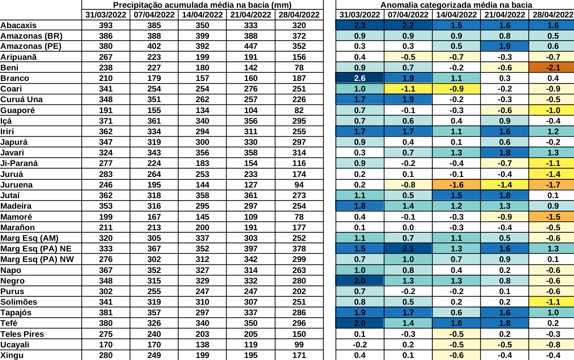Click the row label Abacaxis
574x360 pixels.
click(x=19, y=25)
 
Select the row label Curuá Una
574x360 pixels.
click(x=22, y=100)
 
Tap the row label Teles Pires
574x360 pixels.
click(x=22, y=334)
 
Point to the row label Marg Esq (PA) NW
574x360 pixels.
click(x=37, y=260)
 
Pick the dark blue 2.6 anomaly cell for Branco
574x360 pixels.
click(x=360, y=78)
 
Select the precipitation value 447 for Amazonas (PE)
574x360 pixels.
click(x=251, y=46)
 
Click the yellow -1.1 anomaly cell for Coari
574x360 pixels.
click(x=408, y=89)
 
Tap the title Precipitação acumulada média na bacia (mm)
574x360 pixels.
click(x=202, y=5)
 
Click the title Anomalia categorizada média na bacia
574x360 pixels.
click(x=456, y=5)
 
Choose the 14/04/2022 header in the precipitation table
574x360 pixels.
click(x=202, y=15)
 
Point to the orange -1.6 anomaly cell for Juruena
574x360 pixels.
click(x=456, y=185)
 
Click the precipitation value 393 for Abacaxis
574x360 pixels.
click(x=106, y=25)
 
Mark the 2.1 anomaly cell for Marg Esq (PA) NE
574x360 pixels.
click(x=408, y=249)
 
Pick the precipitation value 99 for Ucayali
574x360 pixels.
click(x=299, y=345)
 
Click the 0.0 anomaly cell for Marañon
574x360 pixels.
click(x=408, y=227)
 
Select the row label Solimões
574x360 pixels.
click(x=19, y=302)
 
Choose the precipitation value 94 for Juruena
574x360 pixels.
click(x=299, y=185)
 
